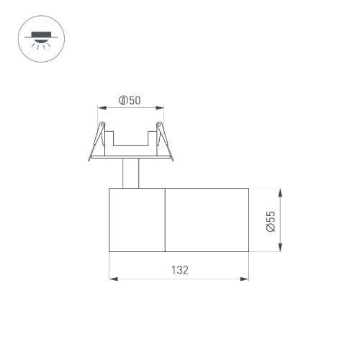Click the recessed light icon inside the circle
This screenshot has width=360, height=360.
point(38,40)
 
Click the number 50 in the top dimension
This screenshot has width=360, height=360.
point(135,101)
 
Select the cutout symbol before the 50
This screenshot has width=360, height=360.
point(123,101)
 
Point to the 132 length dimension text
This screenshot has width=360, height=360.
point(179,270)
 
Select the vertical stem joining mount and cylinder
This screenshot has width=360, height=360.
point(130,174)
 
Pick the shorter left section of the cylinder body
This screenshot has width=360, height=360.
point(137,220)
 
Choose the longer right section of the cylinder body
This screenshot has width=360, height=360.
point(207,220)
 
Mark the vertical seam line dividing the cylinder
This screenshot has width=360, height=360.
point(166,220)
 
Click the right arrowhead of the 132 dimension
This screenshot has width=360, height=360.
point(247,279)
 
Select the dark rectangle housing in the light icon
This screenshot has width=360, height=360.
point(38,33)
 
